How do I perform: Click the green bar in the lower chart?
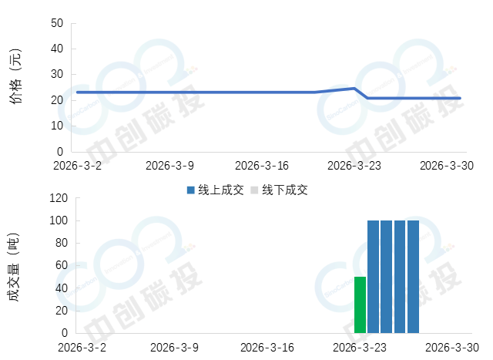tap(360, 304)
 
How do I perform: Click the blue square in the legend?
tap(190, 190)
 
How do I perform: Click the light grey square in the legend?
tap(254, 190)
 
